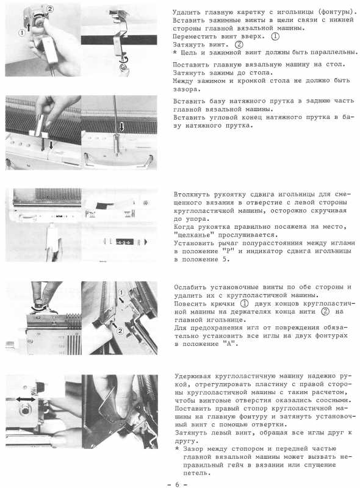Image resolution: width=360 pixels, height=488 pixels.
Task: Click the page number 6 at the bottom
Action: (177, 484)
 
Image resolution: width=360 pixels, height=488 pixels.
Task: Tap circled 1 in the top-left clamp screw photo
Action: (21, 32)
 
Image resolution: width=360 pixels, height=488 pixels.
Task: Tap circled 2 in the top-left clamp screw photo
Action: (50, 9)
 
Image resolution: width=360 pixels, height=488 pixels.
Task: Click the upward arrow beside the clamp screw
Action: (29, 26)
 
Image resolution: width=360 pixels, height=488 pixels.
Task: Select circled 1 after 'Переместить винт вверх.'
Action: (275, 37)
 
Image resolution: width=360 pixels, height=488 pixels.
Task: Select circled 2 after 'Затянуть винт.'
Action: (239, 45)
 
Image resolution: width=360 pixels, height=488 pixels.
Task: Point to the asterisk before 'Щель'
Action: (175, 52)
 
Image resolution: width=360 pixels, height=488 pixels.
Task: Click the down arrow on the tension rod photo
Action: (122, 126)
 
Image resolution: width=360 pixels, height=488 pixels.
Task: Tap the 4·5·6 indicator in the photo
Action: (124, 242)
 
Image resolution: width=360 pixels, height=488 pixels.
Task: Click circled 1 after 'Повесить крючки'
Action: (245, 303)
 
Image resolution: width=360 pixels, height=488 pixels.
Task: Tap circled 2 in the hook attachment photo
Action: (120, 331)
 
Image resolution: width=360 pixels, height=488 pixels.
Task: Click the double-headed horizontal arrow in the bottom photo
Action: (25, 400)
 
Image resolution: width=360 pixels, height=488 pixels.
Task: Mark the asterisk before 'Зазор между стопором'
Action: (177, 448)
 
